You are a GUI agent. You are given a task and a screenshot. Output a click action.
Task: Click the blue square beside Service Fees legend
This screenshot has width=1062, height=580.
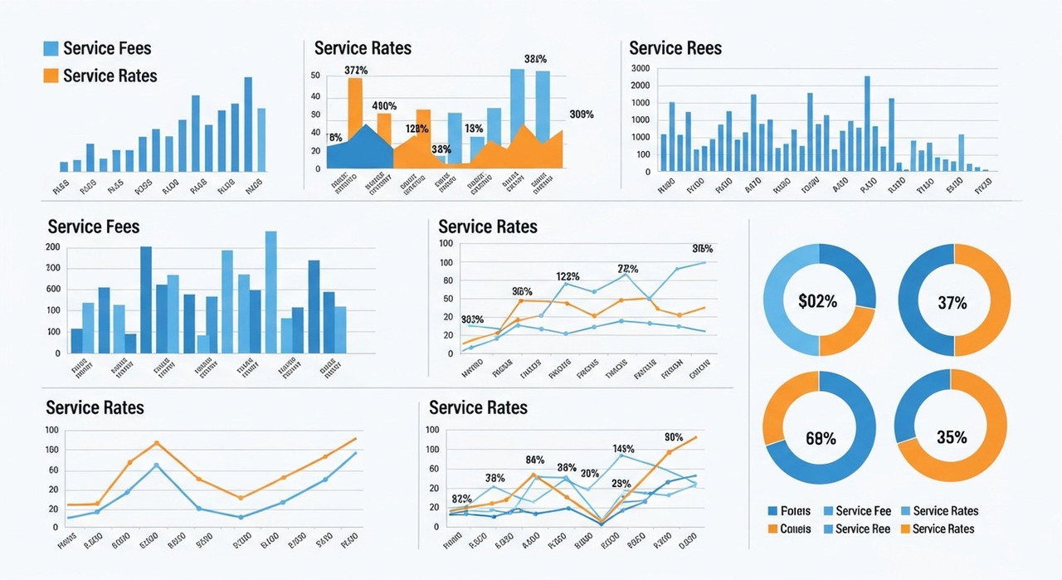51,49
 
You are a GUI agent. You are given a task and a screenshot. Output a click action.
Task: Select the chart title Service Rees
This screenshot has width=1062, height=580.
675,48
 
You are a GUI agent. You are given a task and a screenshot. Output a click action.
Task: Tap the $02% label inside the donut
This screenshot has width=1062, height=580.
817,301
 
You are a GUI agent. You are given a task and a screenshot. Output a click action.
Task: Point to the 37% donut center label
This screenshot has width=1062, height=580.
952,303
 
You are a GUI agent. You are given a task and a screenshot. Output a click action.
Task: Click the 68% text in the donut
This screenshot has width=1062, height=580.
821,438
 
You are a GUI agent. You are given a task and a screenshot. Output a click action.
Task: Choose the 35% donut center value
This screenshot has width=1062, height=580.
951,437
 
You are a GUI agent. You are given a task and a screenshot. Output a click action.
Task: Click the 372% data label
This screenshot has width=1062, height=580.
355,71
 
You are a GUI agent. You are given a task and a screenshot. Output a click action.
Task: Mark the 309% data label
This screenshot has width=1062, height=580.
582,115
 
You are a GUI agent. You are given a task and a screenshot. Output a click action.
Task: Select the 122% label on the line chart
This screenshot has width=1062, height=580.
568,276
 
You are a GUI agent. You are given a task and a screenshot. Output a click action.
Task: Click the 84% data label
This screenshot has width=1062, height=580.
535,460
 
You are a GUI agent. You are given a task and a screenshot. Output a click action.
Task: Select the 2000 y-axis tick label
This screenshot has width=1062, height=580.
640,85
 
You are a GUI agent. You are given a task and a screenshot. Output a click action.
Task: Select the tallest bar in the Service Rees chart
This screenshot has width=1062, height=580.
867,124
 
